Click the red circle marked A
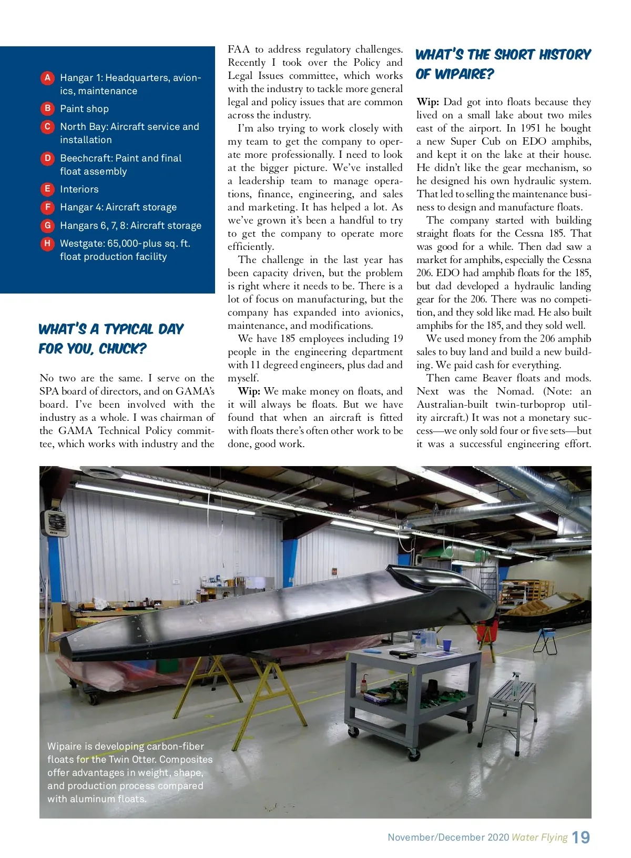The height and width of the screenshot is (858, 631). pyautogui.click(x=47, y=78)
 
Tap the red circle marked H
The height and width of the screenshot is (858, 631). pyautogui.click(x=47, y=244)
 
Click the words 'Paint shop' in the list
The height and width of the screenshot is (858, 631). pyautogui.click(x=84, y=109)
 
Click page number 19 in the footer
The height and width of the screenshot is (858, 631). pyautogui.click(x=581, y=837)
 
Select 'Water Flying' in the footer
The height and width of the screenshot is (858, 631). pyautogui.click(x=540, y=837)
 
